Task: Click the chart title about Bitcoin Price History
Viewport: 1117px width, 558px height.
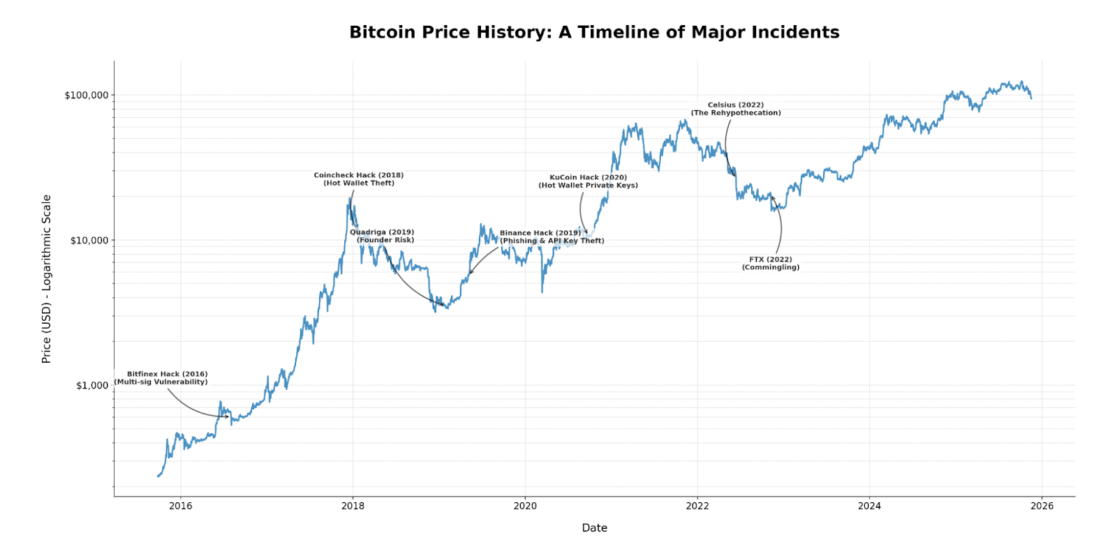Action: (594, 32)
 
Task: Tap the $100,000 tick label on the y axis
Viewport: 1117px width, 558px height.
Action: (87, 96)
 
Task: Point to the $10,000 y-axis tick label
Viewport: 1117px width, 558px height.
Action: (89, 241)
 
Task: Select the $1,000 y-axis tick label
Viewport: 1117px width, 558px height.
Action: (92, 386)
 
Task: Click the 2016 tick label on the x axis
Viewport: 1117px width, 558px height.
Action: (181, 506)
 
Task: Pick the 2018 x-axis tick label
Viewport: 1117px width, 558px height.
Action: (353, 506)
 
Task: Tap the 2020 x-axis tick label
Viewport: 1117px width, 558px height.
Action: (525, 506)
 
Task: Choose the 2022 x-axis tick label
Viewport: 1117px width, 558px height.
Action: (697, 506)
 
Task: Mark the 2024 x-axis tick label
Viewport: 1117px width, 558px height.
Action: (869, 506)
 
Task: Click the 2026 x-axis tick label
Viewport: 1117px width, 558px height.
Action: (1042, 506)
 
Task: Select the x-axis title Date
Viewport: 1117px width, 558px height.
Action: (594, 528)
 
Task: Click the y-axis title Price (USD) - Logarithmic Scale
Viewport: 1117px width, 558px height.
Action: (47, 279)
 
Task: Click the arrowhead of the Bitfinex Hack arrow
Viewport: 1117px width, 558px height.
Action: (228, 416)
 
